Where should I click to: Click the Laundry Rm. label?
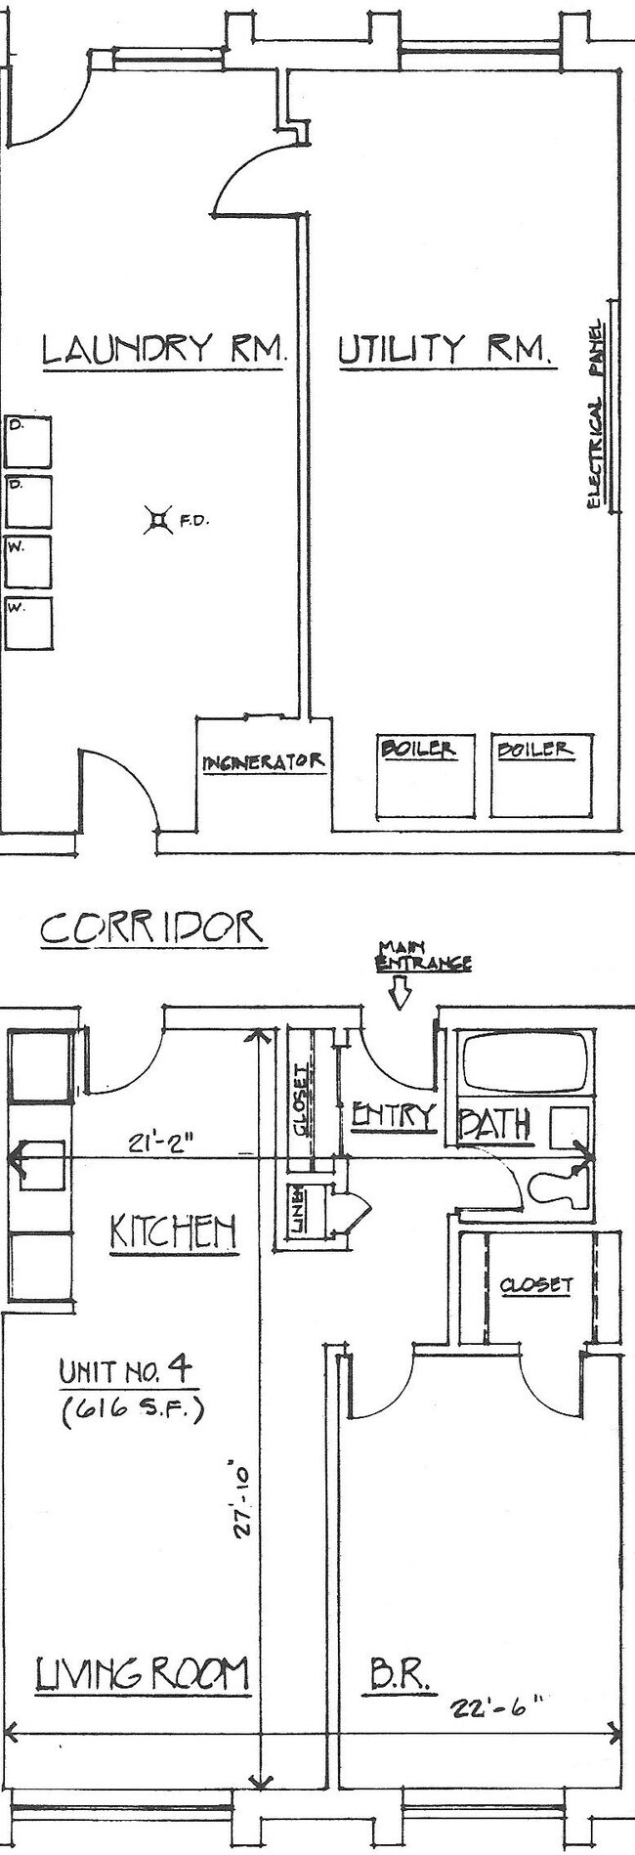(x=163, y=349)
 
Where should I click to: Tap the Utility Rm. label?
(x=446, y=349)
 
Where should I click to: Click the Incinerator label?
(x=263, y=761)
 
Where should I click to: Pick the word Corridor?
(x=151, y=927)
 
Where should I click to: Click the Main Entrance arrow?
(x=399, y=993)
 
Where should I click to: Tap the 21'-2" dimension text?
(x=157, y=1142)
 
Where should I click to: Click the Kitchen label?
(x=173, y=1231)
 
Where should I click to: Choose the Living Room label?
(x=143, y=1674)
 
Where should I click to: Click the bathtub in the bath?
(x=527, y=1062)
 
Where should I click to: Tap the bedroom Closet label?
(x=536, y=1285)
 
